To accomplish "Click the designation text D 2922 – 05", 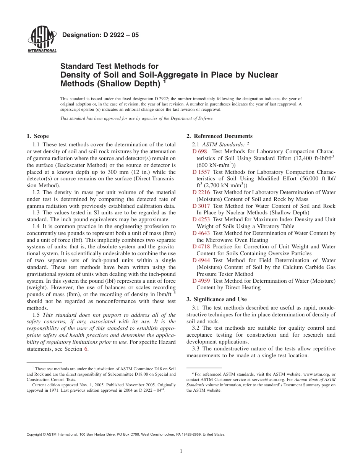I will point(100,35).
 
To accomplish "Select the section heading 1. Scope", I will point(38,136).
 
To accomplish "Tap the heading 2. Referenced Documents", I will point(219,136).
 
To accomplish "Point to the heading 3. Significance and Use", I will point(216,299).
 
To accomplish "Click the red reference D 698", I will point(199,151).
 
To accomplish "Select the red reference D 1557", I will point(201,172).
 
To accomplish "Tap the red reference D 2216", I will point(201,192).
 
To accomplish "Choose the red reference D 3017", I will point(201,206).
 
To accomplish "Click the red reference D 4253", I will point(201,219).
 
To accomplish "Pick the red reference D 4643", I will point(201,233).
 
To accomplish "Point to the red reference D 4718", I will point(201,247).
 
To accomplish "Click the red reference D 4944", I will point(201,260).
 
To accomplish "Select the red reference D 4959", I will point(201,281).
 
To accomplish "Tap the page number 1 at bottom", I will point(181,451).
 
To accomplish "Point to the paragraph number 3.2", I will point(196,328).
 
